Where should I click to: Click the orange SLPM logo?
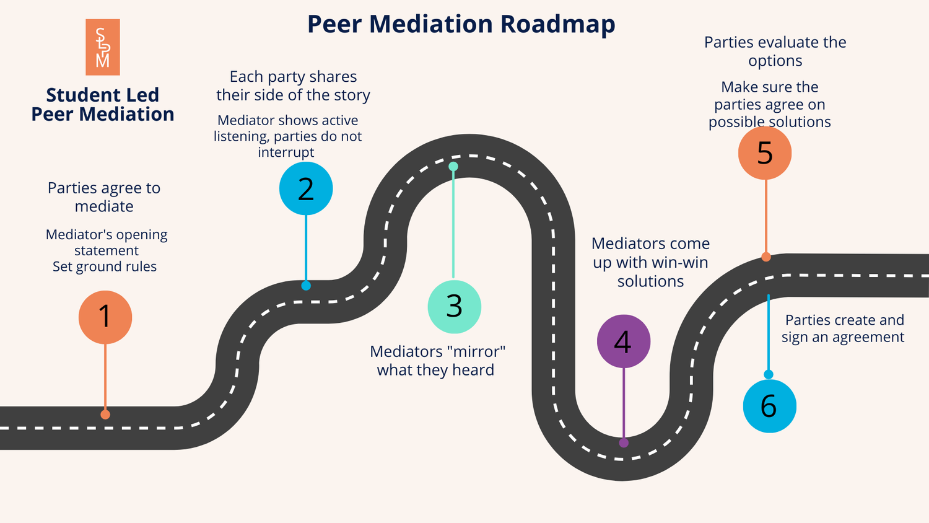(x=103, y=47)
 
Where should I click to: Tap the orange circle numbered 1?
(x=105, y=317)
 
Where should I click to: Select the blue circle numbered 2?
(x=306, y=188)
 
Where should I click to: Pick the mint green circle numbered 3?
(x=454, y=306)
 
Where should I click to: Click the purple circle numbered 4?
(x=623, y=341)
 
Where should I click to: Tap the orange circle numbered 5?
(x=765, y=152)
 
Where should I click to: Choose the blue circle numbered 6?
(x=769, y=406)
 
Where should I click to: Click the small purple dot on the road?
(x=624, y=442)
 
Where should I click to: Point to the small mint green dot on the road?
(x=453, y=167)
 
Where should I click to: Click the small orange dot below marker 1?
(x=105, y=415)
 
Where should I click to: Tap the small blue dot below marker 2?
(x=306, y=286)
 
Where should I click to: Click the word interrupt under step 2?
(x=286, y=152)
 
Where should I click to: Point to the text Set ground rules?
(x=105, y=267)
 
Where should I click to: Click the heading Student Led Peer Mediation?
(x=103, y=105)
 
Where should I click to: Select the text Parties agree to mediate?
(x=104, y=197)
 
